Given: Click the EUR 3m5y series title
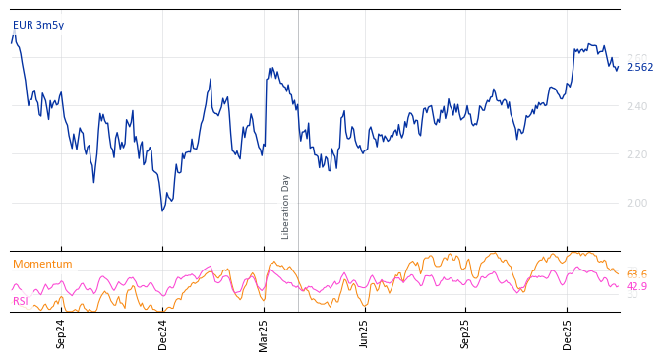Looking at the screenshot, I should tap(38, 25).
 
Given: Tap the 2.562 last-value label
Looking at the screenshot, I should tap(639, 68).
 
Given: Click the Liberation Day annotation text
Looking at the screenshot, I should tap(286, 207).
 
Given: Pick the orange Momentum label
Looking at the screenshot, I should tap(42, 265).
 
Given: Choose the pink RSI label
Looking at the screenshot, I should tap(21, 301).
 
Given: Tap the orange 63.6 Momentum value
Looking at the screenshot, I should tap(636, 275).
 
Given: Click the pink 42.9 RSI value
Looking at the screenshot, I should tap(636, 287).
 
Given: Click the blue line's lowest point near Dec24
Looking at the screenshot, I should tap(163, 210).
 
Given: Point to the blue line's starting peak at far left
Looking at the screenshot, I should tap(14, 36).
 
